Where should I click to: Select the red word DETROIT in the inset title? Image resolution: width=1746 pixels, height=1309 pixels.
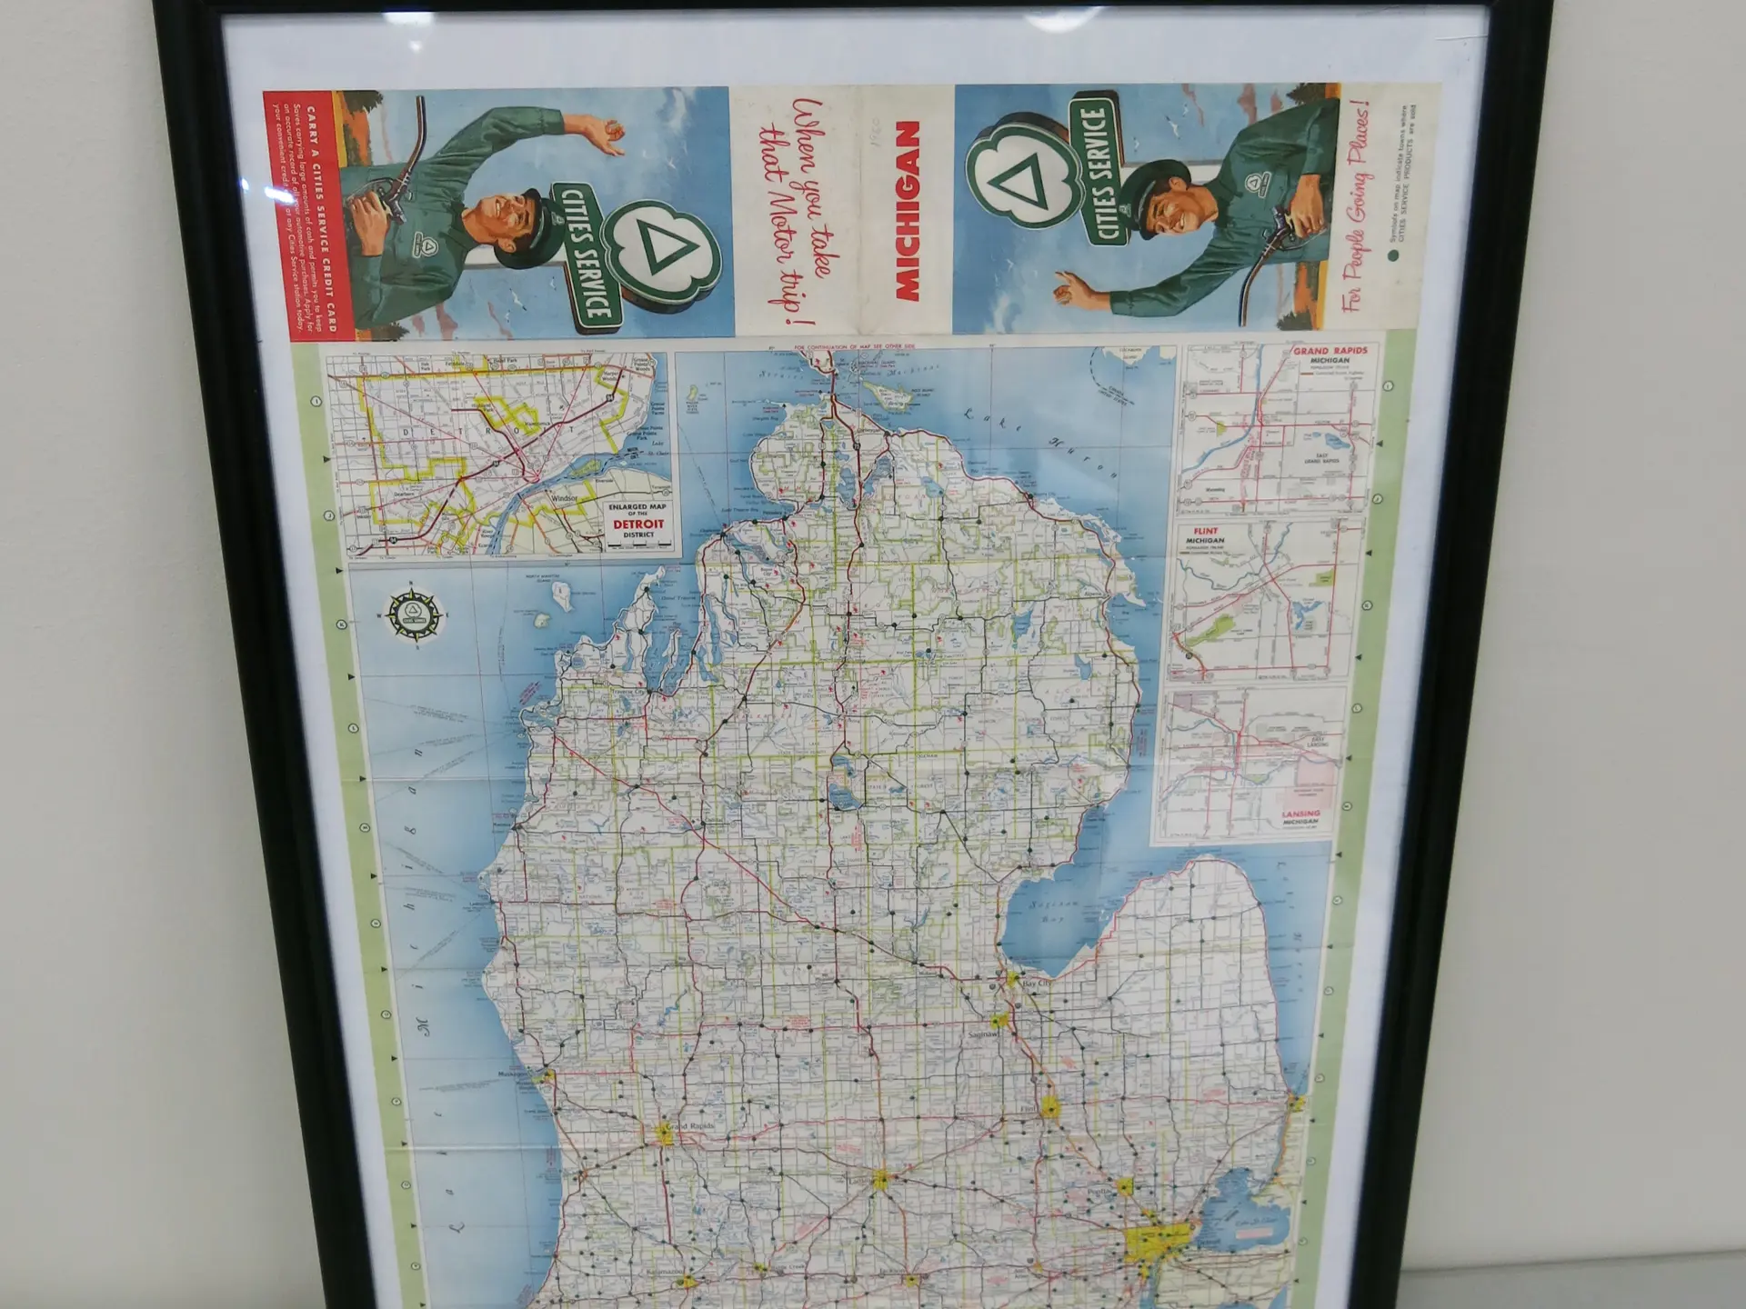[638, 525]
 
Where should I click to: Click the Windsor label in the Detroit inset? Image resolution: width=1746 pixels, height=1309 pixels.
[564, 498]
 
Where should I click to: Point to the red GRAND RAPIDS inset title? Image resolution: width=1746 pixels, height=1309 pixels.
[1330, 350]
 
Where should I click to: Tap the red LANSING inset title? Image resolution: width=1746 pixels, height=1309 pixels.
[1299, 814]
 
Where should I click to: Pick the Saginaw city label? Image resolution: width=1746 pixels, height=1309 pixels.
[982, 1034]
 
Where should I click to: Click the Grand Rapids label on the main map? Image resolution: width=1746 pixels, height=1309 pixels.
[689, 1126]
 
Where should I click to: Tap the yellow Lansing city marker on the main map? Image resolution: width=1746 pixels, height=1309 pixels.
[880, 1179]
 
